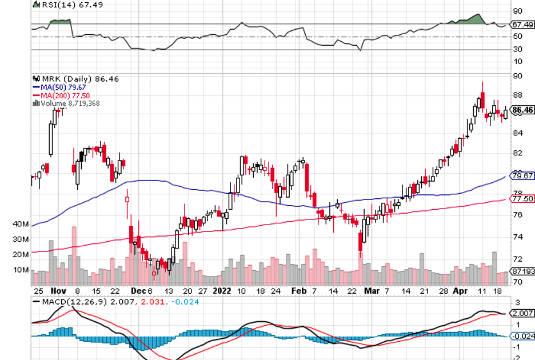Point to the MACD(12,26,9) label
click(67, 301)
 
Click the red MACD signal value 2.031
click(150, 301)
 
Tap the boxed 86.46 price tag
click(522, 110)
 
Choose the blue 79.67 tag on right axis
click(522, 176)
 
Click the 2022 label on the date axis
click(221, 290)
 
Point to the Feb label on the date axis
click(298, 290)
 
